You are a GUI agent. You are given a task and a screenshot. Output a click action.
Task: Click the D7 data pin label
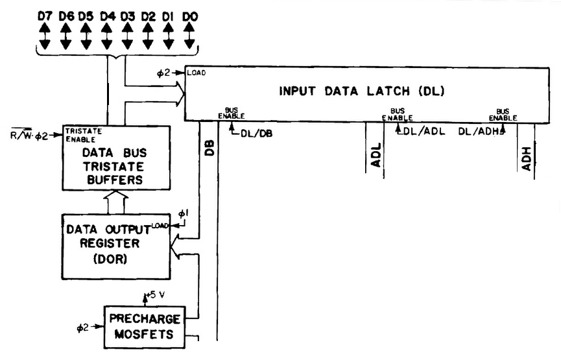coord(44,14)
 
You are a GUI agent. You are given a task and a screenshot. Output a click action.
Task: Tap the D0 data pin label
coord(189,14)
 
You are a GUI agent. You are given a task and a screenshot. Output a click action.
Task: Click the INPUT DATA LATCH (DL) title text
coord(362,91)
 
